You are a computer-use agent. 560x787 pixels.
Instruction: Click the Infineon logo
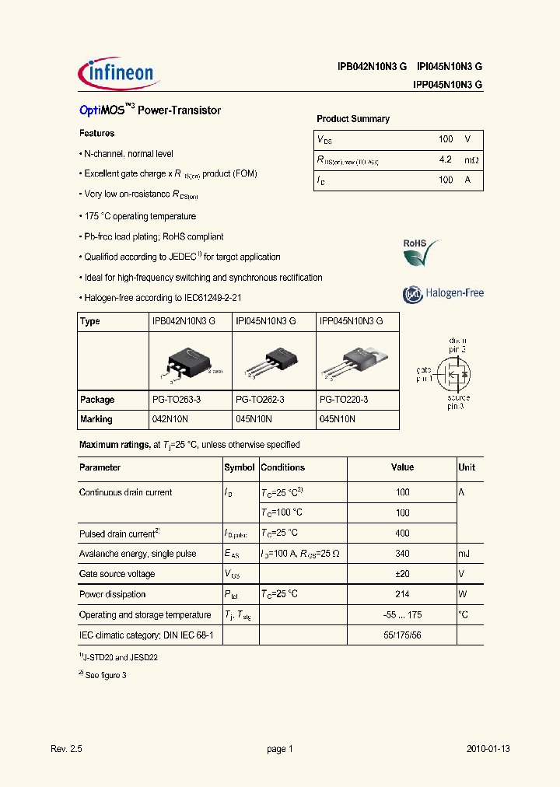[119, 75]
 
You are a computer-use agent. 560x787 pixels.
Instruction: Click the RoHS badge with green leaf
[420, 253]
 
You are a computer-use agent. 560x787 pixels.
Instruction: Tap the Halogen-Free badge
[443, 294]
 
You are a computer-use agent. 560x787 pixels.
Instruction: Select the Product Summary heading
[352, 119]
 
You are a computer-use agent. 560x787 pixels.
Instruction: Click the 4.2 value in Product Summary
[445, 159]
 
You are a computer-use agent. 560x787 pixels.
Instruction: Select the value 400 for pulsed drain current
[402, 533]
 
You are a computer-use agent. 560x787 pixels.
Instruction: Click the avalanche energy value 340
[402, 554]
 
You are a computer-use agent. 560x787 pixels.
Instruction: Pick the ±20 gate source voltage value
[402, 574]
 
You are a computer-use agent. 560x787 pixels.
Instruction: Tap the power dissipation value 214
[402, 594]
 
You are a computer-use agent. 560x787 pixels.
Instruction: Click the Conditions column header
[283, 468]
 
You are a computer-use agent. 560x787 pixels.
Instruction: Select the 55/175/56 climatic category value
[402, 635]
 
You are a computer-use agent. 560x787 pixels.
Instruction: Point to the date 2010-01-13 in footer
[488, 749]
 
